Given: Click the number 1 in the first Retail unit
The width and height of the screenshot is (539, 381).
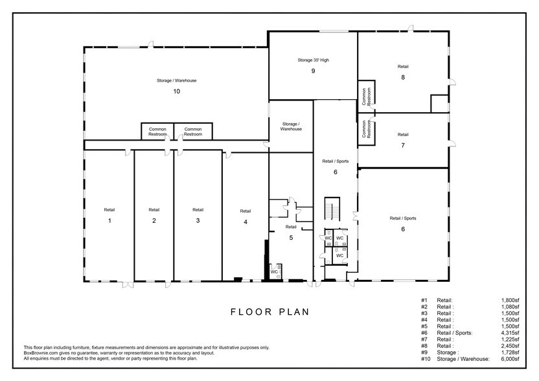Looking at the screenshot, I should click(109, 221).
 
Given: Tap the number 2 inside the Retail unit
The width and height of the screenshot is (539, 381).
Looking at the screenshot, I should click(154, 221).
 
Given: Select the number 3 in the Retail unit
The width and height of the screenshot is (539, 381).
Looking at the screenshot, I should click(198, 221).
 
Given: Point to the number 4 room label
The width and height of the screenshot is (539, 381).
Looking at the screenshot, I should click(245, 222).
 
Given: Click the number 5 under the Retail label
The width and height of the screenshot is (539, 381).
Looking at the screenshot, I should click(291, 238).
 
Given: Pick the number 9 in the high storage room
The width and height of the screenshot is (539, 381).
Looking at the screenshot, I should click(313, 71).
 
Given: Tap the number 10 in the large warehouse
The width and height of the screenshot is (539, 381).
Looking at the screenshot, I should click(176, 91).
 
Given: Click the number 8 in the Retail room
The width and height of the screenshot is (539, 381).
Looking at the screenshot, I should click(403, 77).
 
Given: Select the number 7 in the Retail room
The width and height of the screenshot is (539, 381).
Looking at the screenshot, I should click(403, 145).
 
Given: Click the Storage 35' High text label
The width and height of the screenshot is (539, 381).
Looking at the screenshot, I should click(313, 60).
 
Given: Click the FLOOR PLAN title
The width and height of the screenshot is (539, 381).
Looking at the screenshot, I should click(270, 312).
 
